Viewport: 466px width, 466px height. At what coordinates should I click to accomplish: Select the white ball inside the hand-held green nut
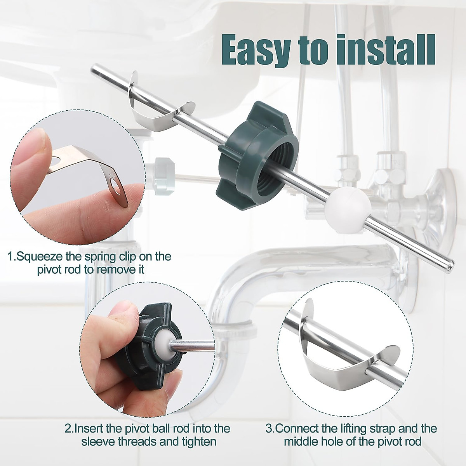164,343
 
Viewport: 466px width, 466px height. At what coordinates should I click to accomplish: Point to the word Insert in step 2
90,428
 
